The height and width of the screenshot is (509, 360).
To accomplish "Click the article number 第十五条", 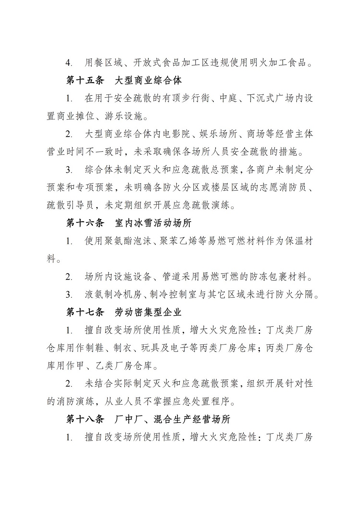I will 85,80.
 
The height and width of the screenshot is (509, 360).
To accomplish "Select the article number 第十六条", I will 85,223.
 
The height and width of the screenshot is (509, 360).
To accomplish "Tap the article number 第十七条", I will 85,312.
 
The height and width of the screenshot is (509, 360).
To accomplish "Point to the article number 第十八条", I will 85,419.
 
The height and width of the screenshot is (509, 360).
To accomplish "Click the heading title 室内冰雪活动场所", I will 153,223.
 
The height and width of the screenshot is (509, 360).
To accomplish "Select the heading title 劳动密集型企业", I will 148,312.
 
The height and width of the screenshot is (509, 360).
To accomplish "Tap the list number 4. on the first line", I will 69,63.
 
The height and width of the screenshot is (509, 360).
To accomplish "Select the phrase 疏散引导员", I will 70,205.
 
